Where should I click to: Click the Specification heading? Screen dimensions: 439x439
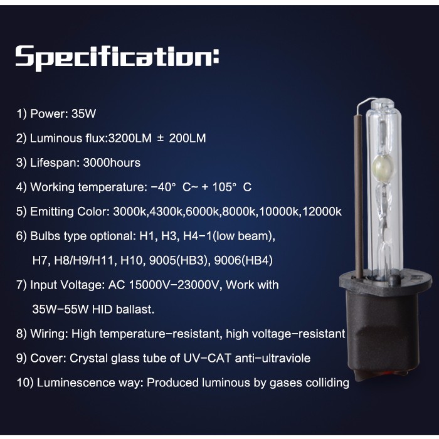pos(117,58)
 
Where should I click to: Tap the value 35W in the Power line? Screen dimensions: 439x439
pos(83,114)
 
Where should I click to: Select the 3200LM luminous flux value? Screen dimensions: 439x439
pos(130,139)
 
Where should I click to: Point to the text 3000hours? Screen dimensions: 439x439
pos(112,162)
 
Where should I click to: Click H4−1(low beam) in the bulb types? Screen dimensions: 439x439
pos(229,236)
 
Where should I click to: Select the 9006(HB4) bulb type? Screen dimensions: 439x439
pos(243,261)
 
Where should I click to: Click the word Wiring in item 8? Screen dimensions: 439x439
pos(49,334)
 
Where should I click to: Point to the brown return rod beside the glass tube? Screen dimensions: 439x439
pos(359,196)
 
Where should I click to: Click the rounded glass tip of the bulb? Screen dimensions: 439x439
pos(383,103)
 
